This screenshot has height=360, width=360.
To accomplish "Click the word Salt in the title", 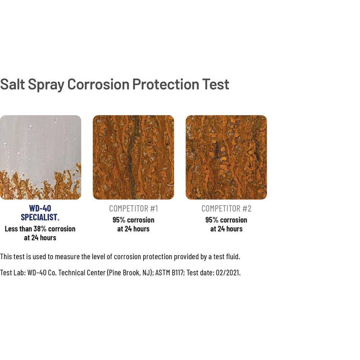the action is pyautogui.click(x=13, y=84).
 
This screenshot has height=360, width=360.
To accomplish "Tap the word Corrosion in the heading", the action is pyautogui.click(x=99, y=84).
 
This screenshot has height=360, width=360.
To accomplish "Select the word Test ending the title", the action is pyautogui.click(x=216, y=84).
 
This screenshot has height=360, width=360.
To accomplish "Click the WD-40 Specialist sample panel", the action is pyautogui.click(x=40, y=157).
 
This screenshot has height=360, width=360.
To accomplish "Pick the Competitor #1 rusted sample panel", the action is pyautogui.click(x=133, y=157).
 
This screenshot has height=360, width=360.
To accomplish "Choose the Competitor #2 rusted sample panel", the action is pyautogui.click(x=226, y=157).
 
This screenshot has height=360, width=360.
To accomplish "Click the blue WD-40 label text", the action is pyautogui.click(x=40, y=208).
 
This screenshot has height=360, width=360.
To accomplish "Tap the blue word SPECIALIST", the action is pyautogui.click(x=39, y=217).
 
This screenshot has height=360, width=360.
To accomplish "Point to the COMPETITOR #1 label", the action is pyautogui.click(x=133, y=208).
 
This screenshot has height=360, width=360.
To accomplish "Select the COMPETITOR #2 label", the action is pyautogui.click(x=226, y=208).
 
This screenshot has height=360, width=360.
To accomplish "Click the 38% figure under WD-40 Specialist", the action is pyautogui.click(x=40, y=229).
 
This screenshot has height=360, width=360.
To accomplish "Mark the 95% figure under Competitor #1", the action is pyautogui.click(x=119, y=220).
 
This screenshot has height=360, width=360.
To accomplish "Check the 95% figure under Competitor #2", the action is pyautogui.click(x=211, y=220).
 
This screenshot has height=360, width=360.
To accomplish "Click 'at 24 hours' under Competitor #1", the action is pyautogui.click(x=133, y=229).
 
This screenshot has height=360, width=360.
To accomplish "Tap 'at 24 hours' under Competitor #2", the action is pyautogui.click(x=226, y=229).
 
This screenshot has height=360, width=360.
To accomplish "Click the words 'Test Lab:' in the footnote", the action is pyautogui.click(x=13, y=273).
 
